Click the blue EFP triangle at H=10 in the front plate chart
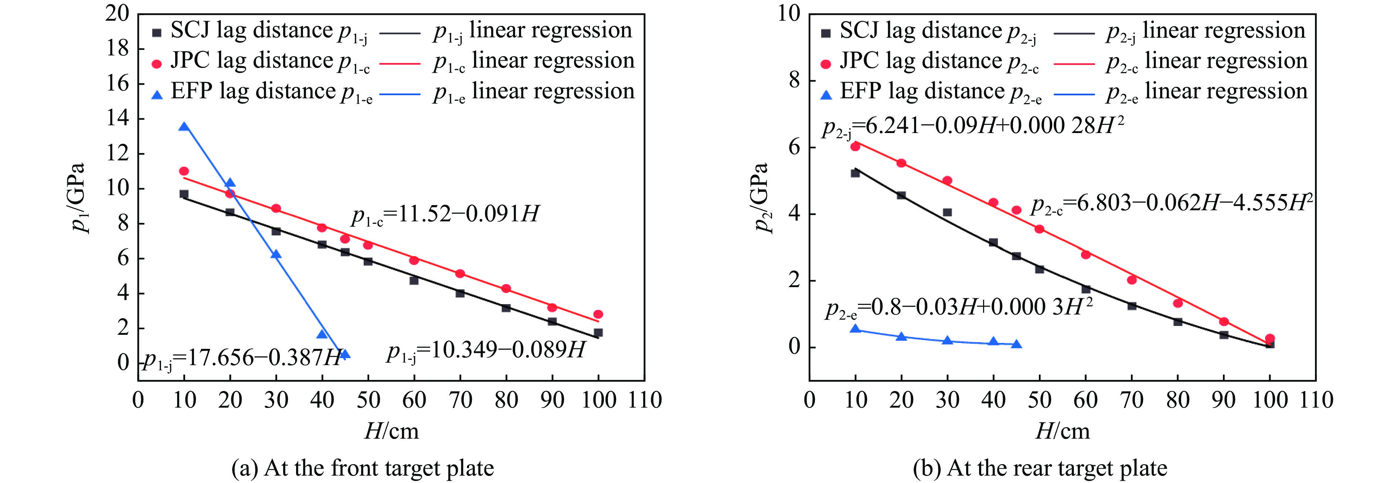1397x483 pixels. [184, 127]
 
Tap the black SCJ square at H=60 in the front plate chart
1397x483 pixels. [414, 280]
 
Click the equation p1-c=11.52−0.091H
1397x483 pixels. [445, 215]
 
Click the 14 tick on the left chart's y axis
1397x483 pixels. [118, 118]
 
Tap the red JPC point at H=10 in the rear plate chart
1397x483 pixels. [855, 146]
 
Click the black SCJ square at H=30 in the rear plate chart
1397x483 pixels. [948, 212]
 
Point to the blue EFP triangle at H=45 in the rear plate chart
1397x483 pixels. [1016, 344]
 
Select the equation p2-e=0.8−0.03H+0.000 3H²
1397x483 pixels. [958, 308]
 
